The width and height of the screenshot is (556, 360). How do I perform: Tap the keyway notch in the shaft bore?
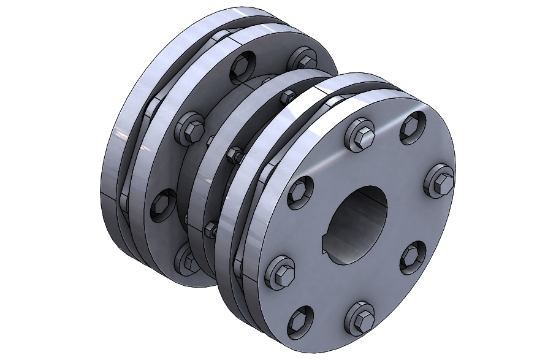pyautogui.click(x=326, y=250)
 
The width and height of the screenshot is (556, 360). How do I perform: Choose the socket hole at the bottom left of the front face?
pyautogui.click(x=302, y=320)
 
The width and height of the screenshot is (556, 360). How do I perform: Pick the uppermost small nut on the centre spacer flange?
pyautogui.click(x=286, y=96)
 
